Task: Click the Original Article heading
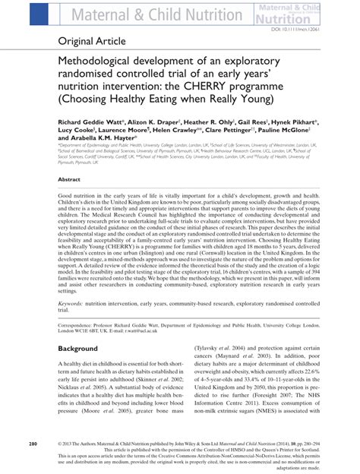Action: pyautogui.click(x=90, y=40)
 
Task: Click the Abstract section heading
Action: pyautogui.click(x=70, y=179)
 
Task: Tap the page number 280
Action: pyautogui.click(x=33, y=442)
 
